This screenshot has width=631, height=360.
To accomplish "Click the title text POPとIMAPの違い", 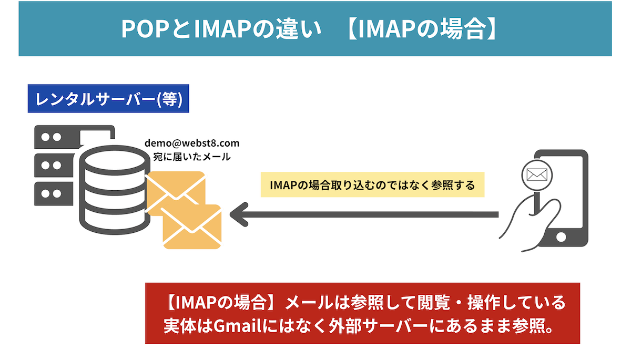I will [220, 30].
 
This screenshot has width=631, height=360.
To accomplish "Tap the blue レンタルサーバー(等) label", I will [108, 100].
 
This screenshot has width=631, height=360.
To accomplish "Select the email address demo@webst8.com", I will [192, 143].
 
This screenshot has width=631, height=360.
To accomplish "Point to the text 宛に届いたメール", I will [192, 157].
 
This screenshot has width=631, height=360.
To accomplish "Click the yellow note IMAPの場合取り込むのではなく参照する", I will [372, 186].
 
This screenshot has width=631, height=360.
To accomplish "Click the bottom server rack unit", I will [53, 193].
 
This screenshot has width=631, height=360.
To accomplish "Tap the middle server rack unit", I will [53, 164].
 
